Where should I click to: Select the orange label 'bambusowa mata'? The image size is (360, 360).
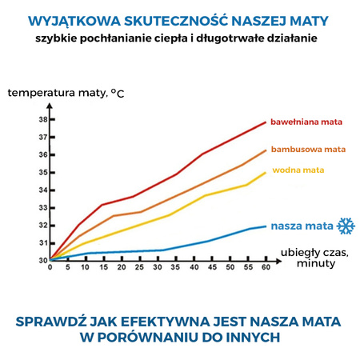tap(308, 149)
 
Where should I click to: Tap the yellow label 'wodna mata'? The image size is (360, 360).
tap(298, 170)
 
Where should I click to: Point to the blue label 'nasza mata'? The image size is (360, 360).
tap(301, 226)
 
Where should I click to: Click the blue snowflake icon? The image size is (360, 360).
tap(346, 226)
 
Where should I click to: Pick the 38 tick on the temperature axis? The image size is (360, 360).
tap(42, 119)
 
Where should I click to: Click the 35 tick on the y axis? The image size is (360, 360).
tap(42, 172)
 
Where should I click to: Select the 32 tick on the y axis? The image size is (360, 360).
tap(42, 225)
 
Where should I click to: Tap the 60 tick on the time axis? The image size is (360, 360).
tap(266, 268)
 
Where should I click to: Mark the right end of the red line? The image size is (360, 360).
tap(266, 122)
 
